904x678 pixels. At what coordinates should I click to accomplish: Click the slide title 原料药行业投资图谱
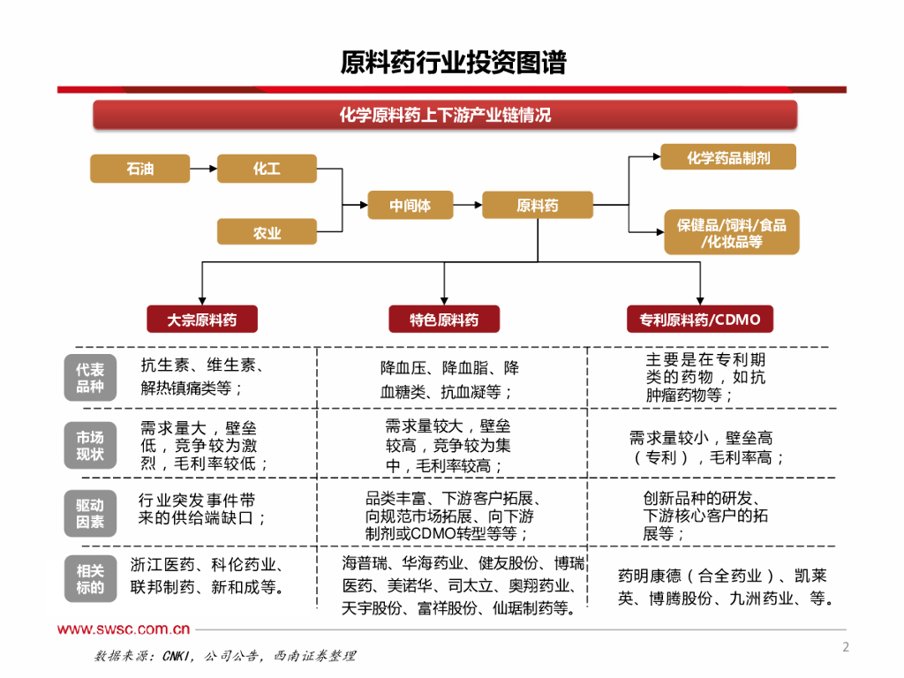point(453,63)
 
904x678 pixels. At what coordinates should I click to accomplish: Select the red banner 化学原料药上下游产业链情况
point(445,116)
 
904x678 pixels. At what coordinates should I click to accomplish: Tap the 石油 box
point(139,168)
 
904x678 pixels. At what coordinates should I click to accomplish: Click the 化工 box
point(267,168)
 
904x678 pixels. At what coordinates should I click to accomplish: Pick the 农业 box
point(267,232)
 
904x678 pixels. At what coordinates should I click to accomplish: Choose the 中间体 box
point(411,205)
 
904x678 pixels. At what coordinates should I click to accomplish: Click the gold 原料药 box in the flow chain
point(537,205)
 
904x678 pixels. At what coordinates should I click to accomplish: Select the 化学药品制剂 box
point(728,157)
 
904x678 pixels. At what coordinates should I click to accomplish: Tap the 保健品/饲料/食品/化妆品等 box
point(731,232)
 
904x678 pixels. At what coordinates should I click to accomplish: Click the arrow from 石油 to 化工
point(203,168)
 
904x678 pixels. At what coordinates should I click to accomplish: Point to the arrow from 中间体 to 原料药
point(468,205)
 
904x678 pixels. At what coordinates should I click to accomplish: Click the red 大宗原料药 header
point(202,319)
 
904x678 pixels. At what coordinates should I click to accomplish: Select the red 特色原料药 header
point(444,319)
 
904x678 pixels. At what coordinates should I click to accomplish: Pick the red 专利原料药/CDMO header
point(699,319)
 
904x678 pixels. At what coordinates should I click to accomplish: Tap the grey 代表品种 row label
point(89,378)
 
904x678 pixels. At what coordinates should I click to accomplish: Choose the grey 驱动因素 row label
point(89,513)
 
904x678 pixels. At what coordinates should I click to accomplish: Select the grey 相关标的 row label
point(89,579)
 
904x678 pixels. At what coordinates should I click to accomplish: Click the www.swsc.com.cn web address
point(124,629)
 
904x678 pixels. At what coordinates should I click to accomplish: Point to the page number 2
point(845,647)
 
